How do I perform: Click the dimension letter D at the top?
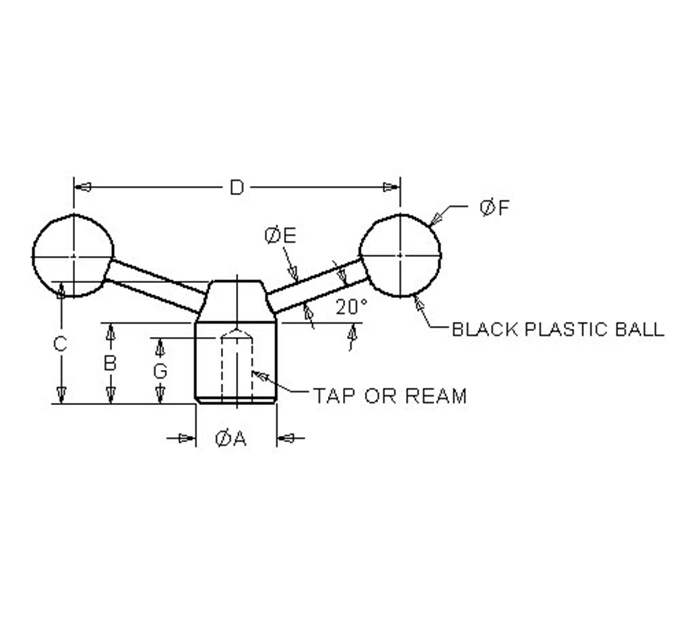[x=237, y=188]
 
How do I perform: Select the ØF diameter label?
[x=495, y=208]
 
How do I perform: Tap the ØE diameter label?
[x=280, y=236]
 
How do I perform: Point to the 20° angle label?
[x=352, y=307]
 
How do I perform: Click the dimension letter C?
[x=60, y=344]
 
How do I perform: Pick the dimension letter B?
[x=110, y=364]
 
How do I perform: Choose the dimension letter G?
[x=160, y=372]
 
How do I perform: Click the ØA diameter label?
[x=231, y=439]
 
